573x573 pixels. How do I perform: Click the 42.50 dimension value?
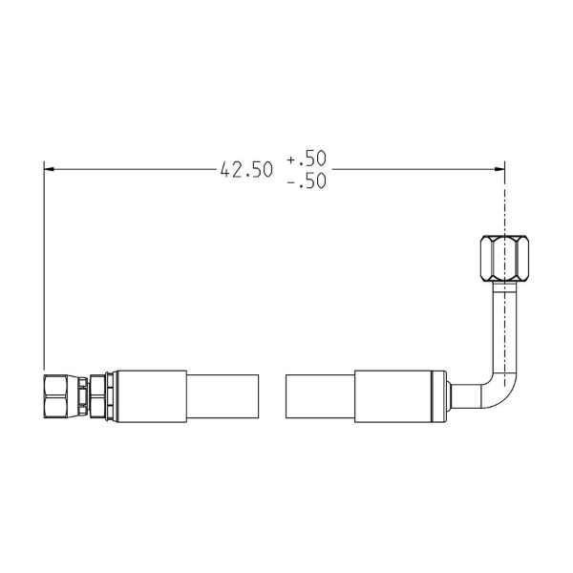tap(246, 170)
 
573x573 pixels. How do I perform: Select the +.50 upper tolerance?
tap(307, 158)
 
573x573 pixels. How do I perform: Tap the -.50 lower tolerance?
tap(307, 180)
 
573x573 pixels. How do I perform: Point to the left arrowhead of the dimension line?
tap(49, 169)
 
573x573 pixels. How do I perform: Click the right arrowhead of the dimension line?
tap(499, 169)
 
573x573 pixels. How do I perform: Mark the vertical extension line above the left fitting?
tap(44, 265)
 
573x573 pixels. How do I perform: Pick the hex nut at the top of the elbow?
tap(504, 259)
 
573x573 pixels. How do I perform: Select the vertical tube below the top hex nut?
tap(505, 327)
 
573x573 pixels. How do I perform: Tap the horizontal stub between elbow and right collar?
tap(466, 396)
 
